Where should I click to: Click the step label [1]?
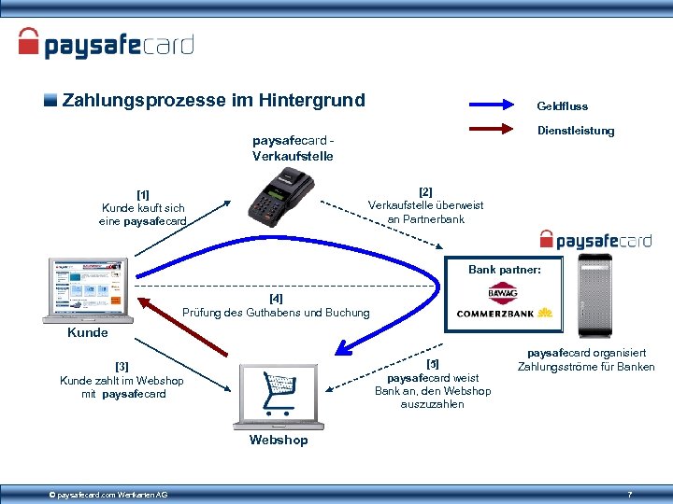pos(144,195)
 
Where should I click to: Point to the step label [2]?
pos(426,191)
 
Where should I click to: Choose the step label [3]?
pos(122,367)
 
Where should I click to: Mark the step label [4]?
pos(276,299)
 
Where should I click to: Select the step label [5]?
pos(433,363)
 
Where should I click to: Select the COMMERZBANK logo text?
pos(494,314)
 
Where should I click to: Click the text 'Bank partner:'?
pos(505,270)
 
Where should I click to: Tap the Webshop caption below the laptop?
pos(278,440)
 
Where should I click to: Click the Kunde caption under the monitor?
pos(88,332)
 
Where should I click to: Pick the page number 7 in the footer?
pos(630,493)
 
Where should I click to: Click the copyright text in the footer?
pos(108,494)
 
